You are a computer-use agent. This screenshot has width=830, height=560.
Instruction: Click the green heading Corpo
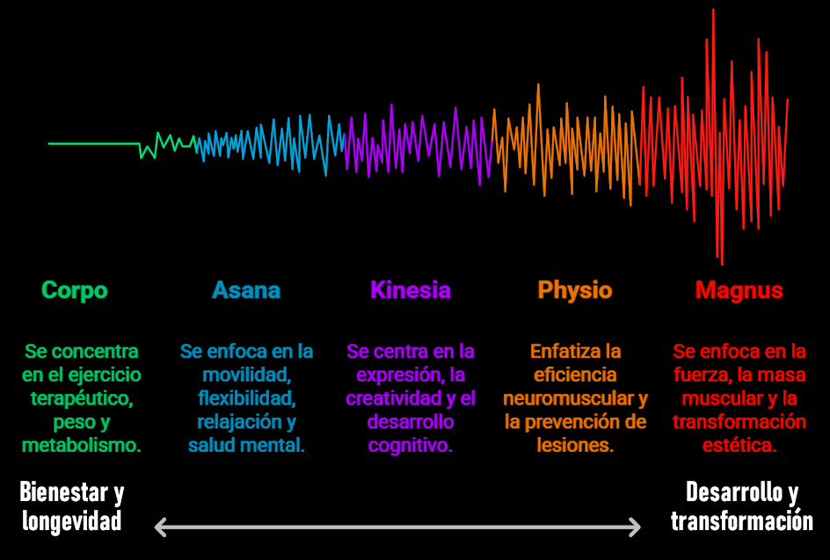[x=75, y=291]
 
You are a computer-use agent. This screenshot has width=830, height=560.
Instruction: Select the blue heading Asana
[x=246, y=290]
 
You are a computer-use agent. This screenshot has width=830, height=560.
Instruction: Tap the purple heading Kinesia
[x=411, y=290]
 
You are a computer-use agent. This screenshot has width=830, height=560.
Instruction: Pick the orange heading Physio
[x=575, y=291]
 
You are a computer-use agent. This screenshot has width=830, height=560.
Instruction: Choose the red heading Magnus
[x=739, y=291]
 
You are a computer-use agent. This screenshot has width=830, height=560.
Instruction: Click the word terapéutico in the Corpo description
[x=81, y=398]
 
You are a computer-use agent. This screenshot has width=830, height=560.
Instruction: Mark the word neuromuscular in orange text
[x=569, y=398]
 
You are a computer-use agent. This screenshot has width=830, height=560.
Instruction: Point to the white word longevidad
[x=72, y=520]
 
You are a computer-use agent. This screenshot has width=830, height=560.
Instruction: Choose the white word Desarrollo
[x=733, y=492]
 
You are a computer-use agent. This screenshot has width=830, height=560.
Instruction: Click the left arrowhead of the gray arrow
[x=161, y=527]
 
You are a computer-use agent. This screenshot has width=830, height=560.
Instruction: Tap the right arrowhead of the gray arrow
[x=634, y=527]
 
